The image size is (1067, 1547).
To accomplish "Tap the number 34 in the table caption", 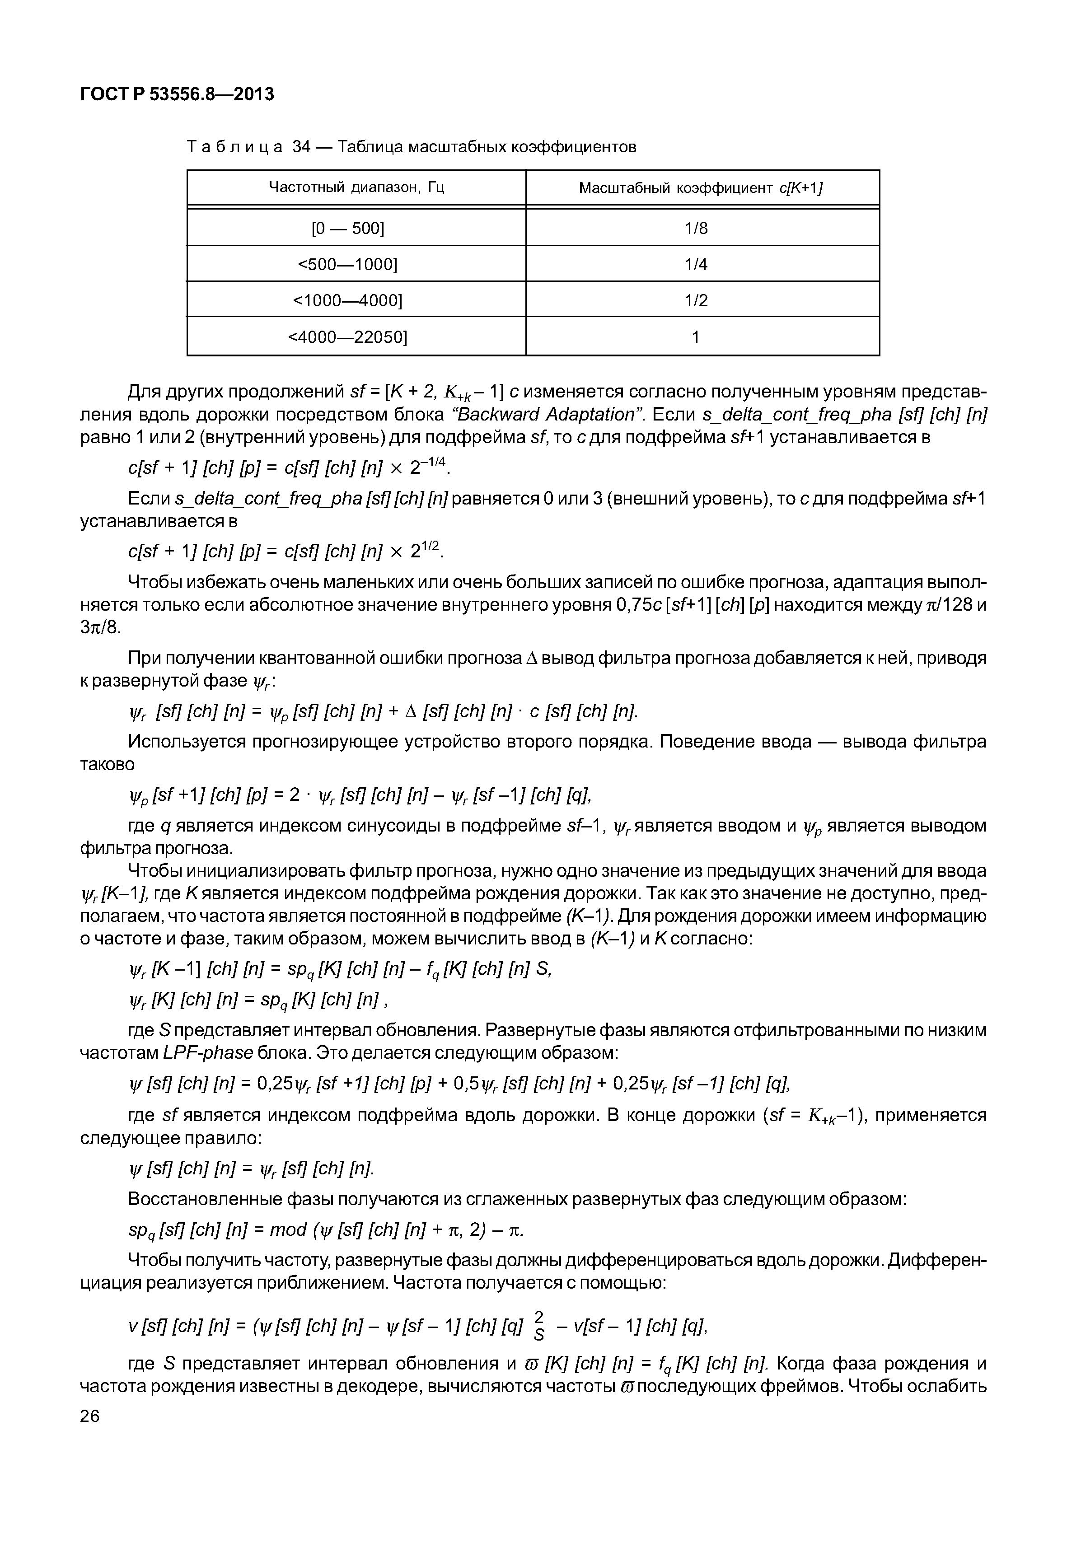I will point(301,146).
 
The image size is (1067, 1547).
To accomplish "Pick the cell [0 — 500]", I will point(348,229).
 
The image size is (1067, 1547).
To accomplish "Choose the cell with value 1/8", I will point(696,229).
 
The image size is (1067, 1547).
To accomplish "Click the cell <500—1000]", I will point(348,265).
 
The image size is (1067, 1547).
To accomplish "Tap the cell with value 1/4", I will point(696,265).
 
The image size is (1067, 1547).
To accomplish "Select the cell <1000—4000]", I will point(348,301).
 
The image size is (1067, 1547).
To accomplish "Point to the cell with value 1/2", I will point(696,301).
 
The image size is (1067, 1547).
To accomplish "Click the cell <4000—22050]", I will point(348,337).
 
